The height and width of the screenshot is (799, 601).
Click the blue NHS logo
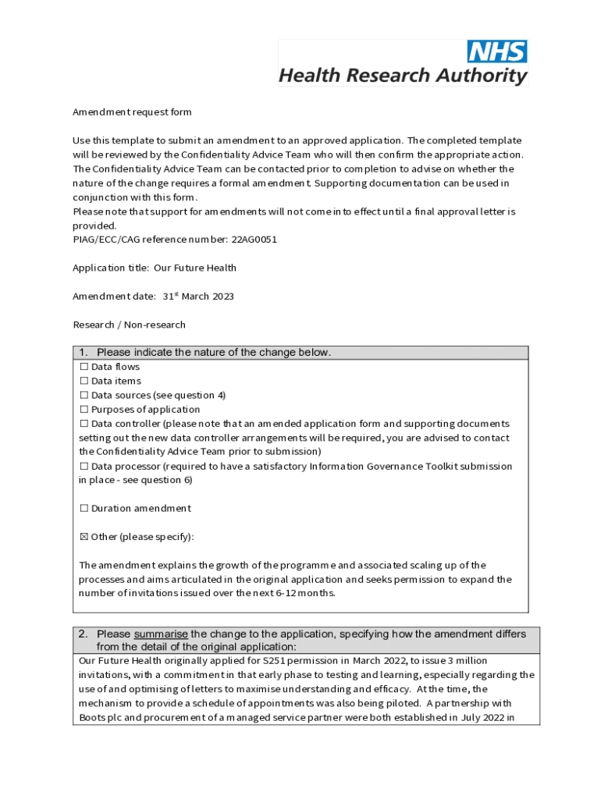pos(496,51)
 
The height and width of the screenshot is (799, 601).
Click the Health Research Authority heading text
pos(403,76)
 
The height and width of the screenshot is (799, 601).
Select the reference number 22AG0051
pos(254,240)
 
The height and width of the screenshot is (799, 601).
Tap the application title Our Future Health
pos(194,268)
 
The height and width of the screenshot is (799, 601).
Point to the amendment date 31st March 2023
pos(198,297)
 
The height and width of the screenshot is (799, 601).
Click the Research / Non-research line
pos(129,325)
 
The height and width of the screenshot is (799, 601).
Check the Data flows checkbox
pos(84,367)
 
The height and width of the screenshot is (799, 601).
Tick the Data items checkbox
pos(84,381)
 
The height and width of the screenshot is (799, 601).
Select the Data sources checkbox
pos(84,395)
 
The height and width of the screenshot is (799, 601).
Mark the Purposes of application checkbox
pos(84,409)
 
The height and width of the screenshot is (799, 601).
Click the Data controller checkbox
pos(84,424)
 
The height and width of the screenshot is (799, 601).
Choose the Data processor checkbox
pos(84,466)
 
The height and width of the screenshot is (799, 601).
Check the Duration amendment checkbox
pos(84,508)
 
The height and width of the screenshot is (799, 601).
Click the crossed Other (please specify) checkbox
pos(84,537)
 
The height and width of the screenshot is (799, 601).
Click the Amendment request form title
pos(132,112)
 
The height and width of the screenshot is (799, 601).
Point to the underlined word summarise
pos(161,634)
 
